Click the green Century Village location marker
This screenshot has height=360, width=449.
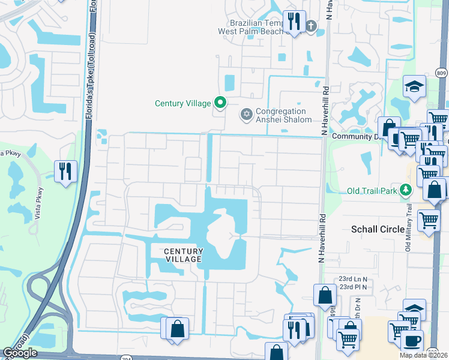coord(220,103)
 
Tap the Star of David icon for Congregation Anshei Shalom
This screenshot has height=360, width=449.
coord(246,115)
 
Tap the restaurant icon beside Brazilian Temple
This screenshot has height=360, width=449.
coord(294,22)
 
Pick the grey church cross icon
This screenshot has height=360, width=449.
coord(310,26)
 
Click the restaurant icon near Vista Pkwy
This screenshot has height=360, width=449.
coord(65,171)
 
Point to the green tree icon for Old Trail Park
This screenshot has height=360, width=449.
coord(406,191)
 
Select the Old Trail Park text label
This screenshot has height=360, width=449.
coord(373,191)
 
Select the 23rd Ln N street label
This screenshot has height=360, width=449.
coord(353,279)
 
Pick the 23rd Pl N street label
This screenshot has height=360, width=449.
coord(353,287)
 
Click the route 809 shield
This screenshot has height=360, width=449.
coord(441,73)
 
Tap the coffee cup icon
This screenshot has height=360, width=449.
coord(412,340)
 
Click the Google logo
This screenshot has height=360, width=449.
coord(20,353)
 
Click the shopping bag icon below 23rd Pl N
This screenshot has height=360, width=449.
coord(325,295)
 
